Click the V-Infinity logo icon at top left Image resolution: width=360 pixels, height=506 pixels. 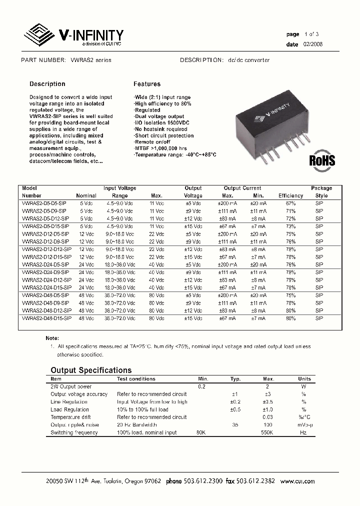tap(40, 35)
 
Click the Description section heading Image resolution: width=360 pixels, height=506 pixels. tap(47, 84)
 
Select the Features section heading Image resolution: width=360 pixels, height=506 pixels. tap(147, 84)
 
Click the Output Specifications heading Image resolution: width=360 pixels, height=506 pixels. tap(91, 370)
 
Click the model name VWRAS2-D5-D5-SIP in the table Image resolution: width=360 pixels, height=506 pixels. tap(44, 203)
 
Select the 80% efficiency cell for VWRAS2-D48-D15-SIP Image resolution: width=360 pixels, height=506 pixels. tap(290, 318)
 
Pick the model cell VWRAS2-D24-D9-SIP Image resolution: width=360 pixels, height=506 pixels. tap(45, 272)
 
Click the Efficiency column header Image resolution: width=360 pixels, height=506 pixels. tap(290, 195)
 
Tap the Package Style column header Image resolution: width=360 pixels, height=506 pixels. tap(321, 192)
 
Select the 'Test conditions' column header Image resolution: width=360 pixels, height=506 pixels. tap(136, 378)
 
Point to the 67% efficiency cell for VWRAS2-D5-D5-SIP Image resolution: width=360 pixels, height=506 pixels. tap(290, 203)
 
